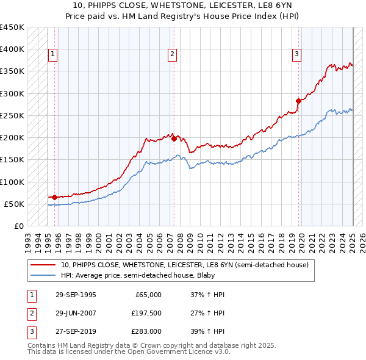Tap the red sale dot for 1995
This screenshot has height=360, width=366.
point(55,197)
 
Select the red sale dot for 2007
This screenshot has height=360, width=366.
point(174,139)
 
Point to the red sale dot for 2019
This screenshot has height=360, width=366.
point(298,101)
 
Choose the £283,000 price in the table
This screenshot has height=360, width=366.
point(147,331)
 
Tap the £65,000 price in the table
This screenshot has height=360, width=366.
point(149,295)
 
